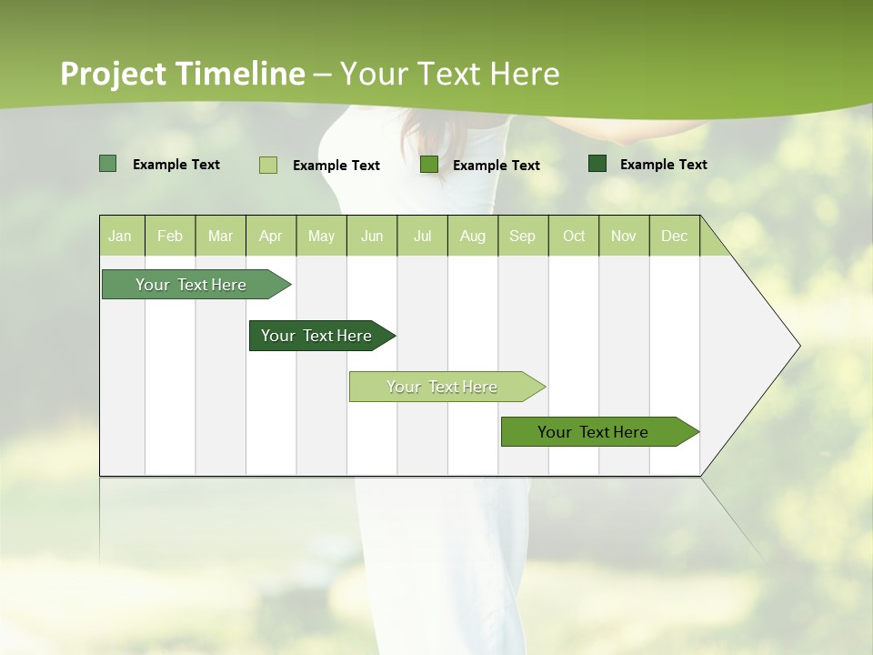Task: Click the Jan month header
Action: tap(120, 236)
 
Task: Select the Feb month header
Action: tap(170, 236)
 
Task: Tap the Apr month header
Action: tap(270, 236)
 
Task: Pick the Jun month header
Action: tap(372, 236)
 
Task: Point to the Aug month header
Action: tap(472, 236)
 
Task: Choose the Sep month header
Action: tap(522, 236)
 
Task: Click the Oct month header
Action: tap(574, 236)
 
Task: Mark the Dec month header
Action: tap(674, 236)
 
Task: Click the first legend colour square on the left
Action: tap(107, 164)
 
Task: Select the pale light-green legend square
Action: tap(267, 165)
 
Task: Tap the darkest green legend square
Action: tap(597, 164)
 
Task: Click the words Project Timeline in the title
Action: tap(182, 74)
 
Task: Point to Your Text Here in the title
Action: tap(450, 74)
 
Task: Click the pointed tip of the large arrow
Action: tap(798, 346)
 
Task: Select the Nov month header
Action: tap(624, 236)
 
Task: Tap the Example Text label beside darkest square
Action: tap(663, 164)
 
